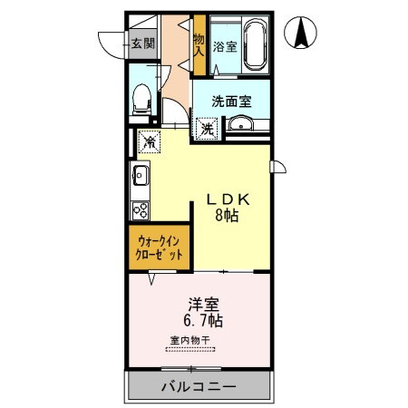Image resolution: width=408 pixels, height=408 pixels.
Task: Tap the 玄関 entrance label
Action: [141, 43]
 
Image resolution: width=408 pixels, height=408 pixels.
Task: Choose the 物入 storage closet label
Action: [199, 44]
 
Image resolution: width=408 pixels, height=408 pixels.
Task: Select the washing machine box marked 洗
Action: [208, 129]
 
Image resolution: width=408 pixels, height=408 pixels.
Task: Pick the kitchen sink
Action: [141, 174]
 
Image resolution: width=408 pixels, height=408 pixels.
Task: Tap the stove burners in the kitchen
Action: [141, 209]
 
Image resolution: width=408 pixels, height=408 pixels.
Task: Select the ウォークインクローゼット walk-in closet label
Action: [160, 248]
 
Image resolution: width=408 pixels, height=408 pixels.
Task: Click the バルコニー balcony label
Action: [199, 386]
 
